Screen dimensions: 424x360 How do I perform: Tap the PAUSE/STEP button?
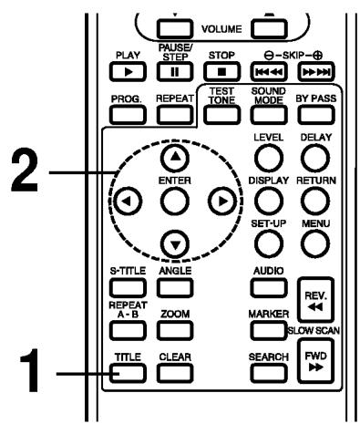(x=172, y=68)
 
